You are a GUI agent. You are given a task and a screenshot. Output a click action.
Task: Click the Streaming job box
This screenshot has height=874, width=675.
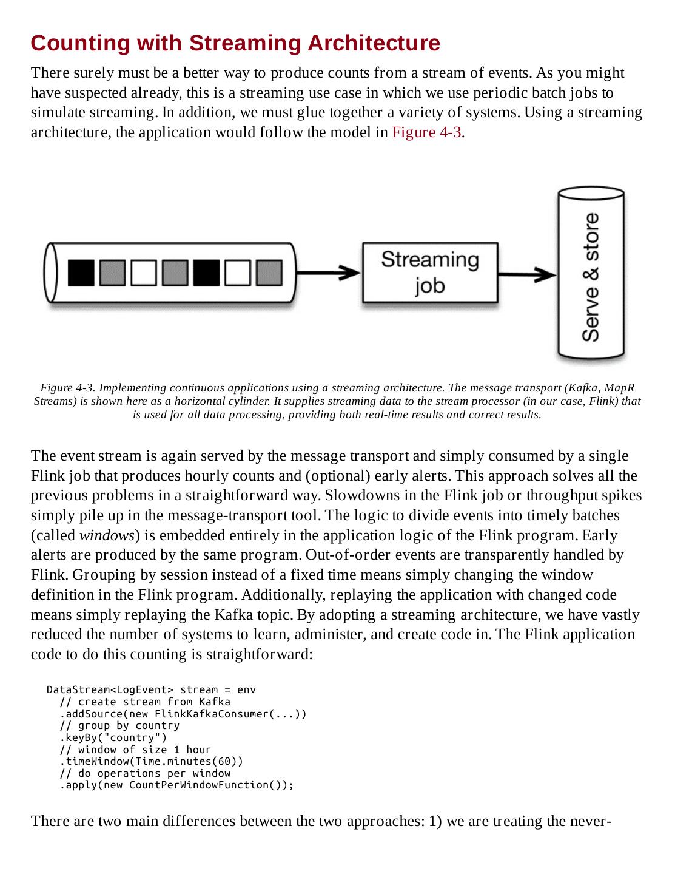(430, 273)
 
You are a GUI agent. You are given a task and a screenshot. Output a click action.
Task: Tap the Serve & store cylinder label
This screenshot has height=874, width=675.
(591, 276)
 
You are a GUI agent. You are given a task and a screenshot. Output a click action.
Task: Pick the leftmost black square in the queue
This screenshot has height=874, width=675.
(81, 273)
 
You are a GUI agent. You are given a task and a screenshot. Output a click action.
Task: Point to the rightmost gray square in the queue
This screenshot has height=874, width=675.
(269, 273)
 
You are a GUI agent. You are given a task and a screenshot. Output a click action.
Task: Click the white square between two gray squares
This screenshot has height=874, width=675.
(143, 273)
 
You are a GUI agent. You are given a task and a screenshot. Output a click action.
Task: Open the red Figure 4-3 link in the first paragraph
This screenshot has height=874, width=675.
(426, 132)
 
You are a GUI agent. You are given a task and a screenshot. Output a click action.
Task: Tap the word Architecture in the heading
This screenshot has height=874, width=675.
(374, 43)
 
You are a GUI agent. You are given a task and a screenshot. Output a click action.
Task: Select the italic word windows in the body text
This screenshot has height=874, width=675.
(107, 535)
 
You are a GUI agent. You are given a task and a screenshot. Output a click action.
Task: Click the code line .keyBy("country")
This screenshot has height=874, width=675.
(113, 737)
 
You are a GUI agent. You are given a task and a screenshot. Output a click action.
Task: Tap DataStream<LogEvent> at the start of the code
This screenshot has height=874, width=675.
(110, 689)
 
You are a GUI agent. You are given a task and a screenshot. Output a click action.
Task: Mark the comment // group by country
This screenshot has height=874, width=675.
(119, 725)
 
